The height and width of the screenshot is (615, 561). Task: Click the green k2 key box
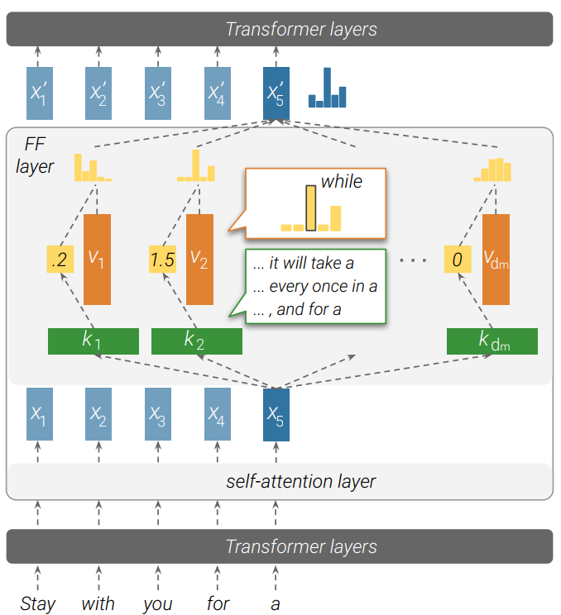196,341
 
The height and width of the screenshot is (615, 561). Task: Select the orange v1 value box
97,260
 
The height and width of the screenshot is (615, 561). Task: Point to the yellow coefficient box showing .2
59,260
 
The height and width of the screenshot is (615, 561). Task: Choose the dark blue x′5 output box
276,89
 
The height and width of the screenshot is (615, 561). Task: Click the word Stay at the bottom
38,603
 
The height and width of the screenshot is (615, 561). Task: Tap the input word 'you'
157,603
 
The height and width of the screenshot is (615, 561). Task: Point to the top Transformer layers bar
280,29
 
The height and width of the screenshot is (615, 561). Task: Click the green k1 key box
93,341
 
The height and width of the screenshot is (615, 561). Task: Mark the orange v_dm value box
496,260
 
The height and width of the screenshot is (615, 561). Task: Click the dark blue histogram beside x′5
327,88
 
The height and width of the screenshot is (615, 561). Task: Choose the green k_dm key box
491,341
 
